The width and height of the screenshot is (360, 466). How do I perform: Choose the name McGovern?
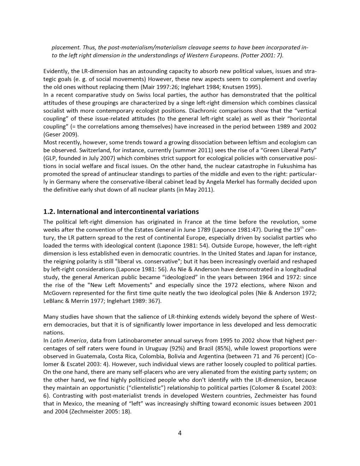58,293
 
